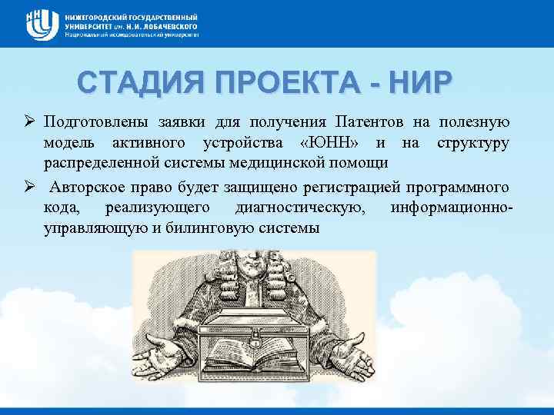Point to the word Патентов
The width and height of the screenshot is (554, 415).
367,123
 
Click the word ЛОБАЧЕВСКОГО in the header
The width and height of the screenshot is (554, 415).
163,25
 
